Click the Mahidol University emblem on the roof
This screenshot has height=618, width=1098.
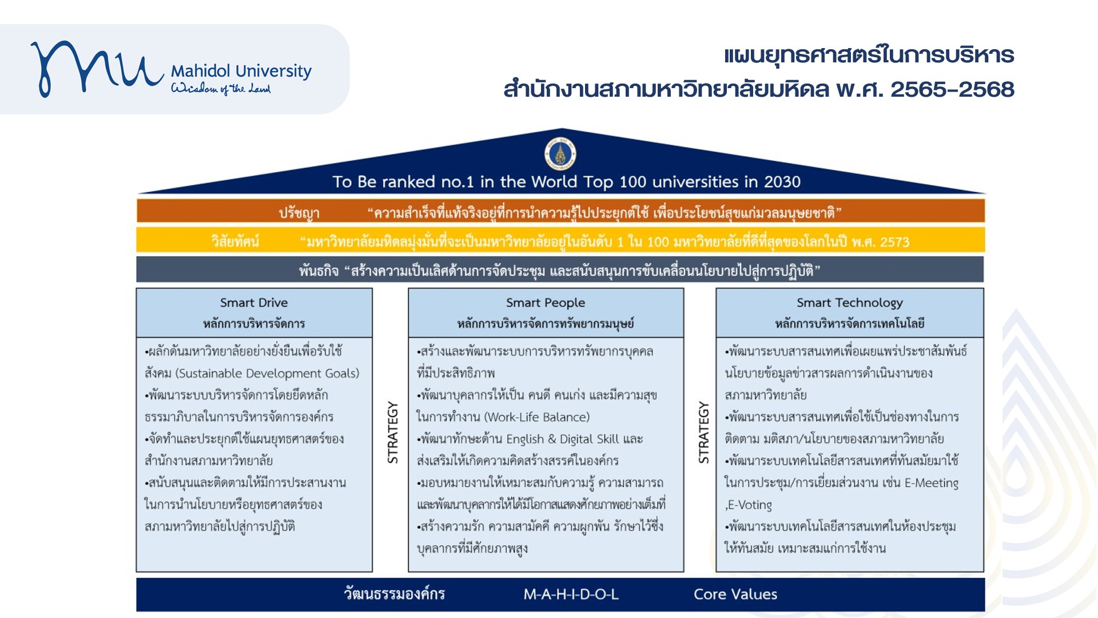(x=560, y=154)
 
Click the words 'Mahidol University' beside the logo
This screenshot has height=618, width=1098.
(x=241, y=71)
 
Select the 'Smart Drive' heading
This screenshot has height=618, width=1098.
(x=254, y=303)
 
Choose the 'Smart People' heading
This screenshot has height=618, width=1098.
(x=546, y=303)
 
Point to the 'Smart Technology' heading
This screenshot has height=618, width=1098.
(x=850, y=303)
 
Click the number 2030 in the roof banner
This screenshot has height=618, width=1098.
(x=782, y=182)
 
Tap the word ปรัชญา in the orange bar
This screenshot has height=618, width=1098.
(x=299, y=213)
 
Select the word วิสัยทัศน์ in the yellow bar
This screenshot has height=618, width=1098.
(x=235, y=241)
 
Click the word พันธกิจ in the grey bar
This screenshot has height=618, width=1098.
(x=319, y=271)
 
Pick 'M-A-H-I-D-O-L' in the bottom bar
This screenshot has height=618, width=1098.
(x=571, y=595)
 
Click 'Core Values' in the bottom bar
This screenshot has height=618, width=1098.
(x=735, y=595)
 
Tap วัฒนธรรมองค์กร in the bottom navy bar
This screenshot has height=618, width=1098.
(x=394, y=594)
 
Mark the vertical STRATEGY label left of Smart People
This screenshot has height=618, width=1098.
(x=393, y=432)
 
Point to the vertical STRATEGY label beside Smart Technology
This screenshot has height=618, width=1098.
(x=703, y=432)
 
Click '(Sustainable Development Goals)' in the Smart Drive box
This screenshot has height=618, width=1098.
(x=268, y=374)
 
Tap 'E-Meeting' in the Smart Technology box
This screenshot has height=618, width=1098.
(x=932, y=483)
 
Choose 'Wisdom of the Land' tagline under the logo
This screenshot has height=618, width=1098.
(x=221, y=88)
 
